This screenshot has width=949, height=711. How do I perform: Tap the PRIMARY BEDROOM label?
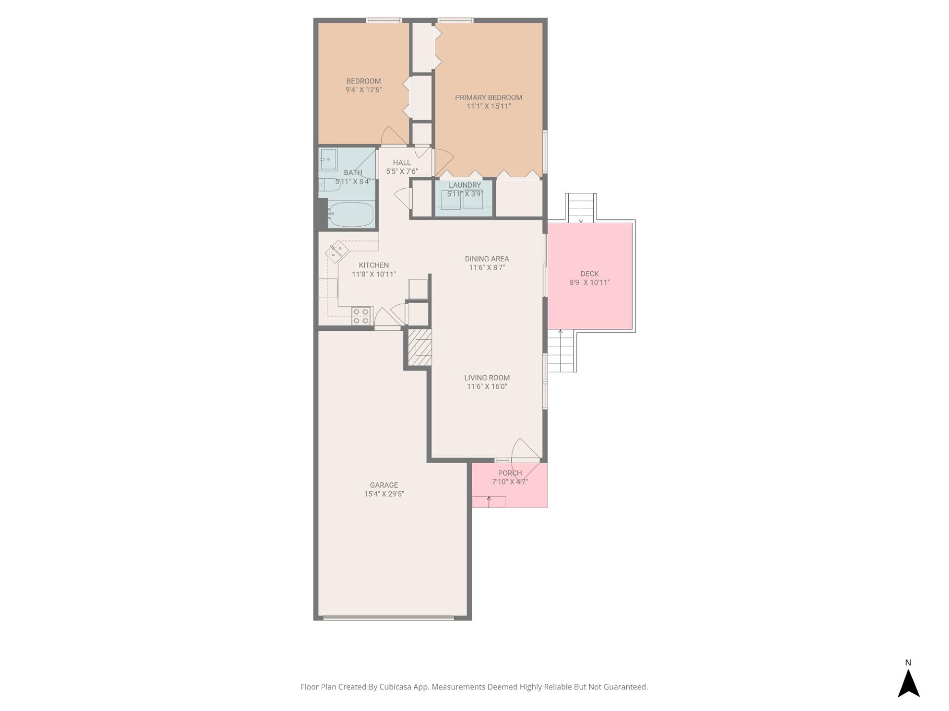pos(488,97)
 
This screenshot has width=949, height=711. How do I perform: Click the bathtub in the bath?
pos(351,214)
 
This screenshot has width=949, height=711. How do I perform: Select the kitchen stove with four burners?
pos(361,316)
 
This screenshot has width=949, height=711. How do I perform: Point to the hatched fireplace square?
pos(420,347)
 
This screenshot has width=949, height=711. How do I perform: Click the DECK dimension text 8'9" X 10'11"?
pos(589,282)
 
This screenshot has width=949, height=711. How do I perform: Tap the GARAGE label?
pos(384,485)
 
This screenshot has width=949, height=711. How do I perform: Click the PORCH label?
pos(510,473)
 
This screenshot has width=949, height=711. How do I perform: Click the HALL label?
pos(401,162)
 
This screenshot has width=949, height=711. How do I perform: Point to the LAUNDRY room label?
pos(465,185)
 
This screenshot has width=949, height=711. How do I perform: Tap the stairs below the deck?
pos(561,352)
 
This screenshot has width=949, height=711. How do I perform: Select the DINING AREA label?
pos(486,259)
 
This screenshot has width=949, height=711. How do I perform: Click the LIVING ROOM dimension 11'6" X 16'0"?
pos(486,387)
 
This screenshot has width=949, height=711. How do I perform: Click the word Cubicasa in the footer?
pos(396,687)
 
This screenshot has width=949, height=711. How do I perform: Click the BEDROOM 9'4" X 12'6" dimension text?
pos(363,90)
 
